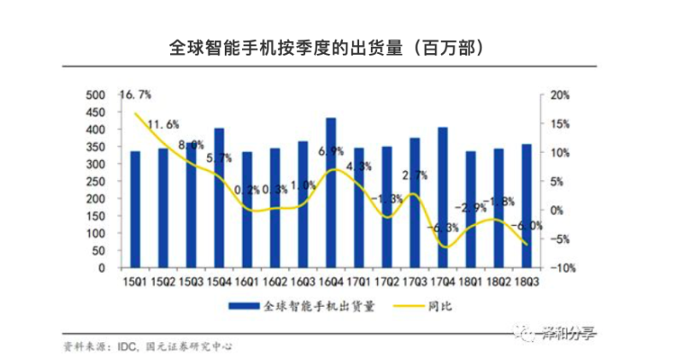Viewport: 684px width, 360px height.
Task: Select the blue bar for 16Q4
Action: coord(331,193)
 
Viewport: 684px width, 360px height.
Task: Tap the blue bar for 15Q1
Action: coord(134,210)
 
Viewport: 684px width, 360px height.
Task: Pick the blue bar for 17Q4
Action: coord(442,198)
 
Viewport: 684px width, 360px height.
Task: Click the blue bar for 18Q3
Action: coord(526,206)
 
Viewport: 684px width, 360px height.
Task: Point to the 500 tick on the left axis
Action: coord(95,95)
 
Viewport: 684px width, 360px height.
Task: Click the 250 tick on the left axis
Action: coord(95,181)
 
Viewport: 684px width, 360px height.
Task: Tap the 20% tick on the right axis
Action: coord(560,95)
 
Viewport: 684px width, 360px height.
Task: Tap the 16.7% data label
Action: coord(136,94)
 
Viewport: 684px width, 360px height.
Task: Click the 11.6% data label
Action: coord(162,126)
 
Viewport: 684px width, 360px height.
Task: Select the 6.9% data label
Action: coord(331,151)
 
